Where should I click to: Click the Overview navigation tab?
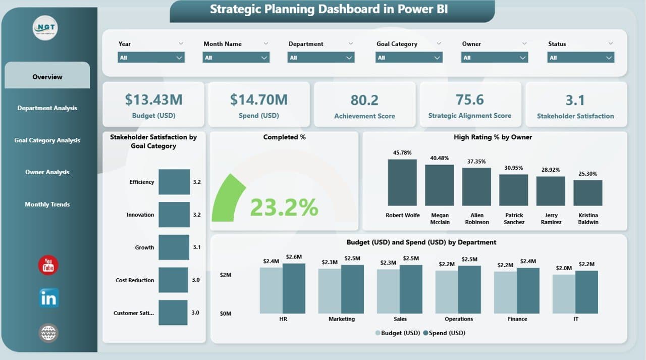(47, 77)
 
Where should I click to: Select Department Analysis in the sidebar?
(47, 108)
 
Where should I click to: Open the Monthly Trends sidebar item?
(47, 204)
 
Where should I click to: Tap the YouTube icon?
(48, 265)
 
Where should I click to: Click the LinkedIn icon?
(48, 298)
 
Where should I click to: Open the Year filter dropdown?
(151, 58)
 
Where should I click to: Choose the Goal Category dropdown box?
(409, 58)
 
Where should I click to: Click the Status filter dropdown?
(580, 58)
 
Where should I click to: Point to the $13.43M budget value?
(150, 100)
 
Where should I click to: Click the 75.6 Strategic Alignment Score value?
(469, 99)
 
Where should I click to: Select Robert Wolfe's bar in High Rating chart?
(402, 182)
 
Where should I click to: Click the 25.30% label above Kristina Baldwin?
(587, 174)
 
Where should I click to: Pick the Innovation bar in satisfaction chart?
(174, 215)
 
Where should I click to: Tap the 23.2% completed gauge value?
(284, 207)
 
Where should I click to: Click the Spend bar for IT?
(586, 292)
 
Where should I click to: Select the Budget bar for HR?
(271, 290)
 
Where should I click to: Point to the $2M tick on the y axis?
(225, 275)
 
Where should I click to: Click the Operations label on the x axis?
(459, 319)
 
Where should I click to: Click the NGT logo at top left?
(45, 28)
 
